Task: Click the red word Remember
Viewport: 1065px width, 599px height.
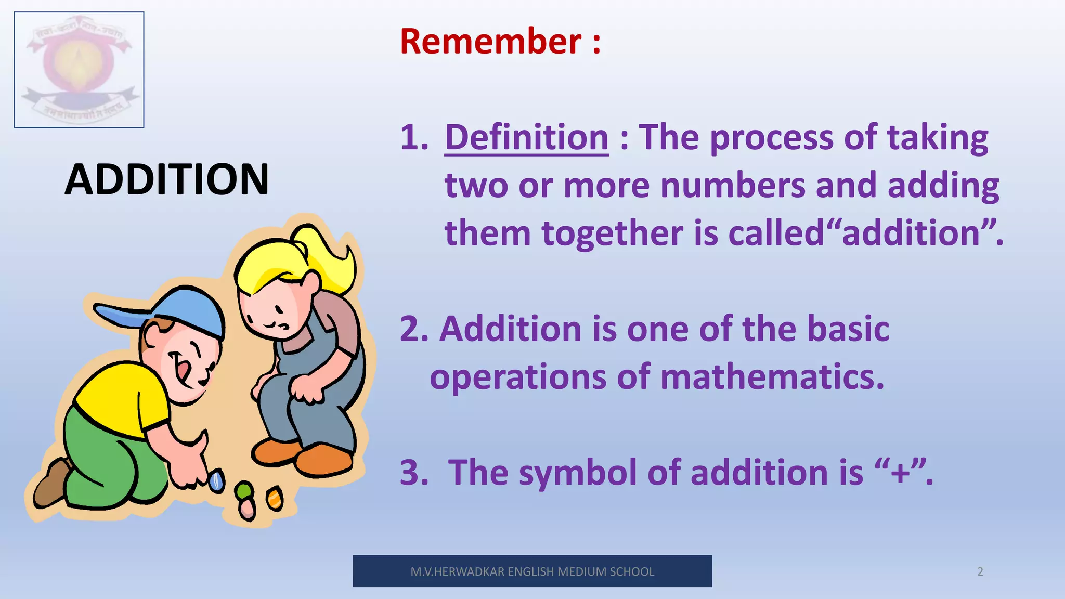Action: [490, 42]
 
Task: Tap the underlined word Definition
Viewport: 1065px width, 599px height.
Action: [526, 138]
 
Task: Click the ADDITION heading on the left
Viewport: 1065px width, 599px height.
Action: [167, 179]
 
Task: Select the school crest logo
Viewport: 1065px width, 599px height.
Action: [79, 70]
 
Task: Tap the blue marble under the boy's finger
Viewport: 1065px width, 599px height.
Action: [217, 481]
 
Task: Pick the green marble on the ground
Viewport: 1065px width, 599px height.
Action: [244, 490]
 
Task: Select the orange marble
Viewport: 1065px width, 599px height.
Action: [275, 499]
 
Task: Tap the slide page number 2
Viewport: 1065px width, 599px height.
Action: [980, 572]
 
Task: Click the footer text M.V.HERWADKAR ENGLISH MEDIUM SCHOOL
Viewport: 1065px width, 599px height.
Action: [532, 572]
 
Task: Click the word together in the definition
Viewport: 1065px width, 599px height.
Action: [612, 233]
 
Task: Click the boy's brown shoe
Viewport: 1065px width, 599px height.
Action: [52, 484]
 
